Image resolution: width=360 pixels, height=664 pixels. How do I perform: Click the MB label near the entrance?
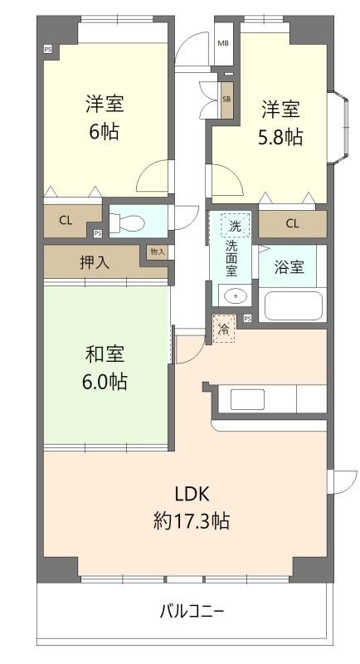(222, 43)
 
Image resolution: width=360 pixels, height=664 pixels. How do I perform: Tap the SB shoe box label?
(226, 99)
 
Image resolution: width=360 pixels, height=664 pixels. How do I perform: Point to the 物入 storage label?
(157, 251)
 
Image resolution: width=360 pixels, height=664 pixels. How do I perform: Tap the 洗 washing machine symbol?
(235, 225)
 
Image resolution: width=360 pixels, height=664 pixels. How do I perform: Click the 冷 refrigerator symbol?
(224, 330)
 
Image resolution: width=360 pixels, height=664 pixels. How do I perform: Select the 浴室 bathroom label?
(291, 267)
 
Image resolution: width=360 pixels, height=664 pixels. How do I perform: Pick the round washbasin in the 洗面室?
(234, 295)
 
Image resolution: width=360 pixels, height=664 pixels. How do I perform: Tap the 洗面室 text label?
(235, 258)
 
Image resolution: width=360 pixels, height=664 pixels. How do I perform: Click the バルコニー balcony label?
(192, 613)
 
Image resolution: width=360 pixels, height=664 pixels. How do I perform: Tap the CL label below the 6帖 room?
(66, 220)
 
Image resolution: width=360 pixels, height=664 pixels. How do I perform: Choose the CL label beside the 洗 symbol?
(292, 223)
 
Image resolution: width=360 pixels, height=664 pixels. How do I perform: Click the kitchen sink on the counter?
(246, 399)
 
